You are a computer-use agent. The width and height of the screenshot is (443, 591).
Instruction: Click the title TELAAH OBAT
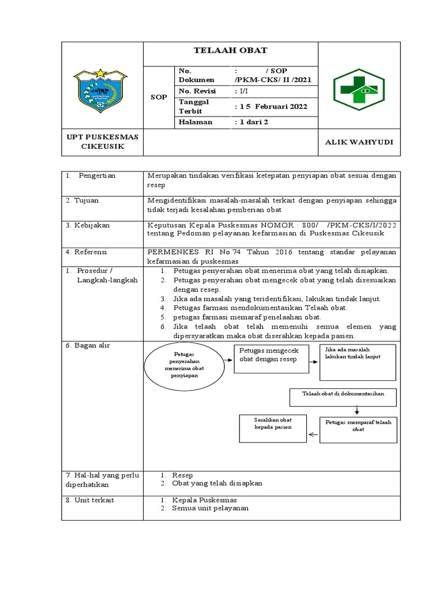pyautogui.click(x=230, y=51)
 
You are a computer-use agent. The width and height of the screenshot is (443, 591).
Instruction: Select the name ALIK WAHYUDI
pyautogui.click(x=359, y=142)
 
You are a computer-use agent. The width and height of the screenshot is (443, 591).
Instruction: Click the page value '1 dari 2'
pyautogui.click(x=254, y=122)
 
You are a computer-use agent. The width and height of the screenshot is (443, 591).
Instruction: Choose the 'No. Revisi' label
pyautogui.click(x=196, y=91)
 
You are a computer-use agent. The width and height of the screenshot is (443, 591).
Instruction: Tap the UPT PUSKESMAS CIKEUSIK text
pyautogui.click(x=102, y=142)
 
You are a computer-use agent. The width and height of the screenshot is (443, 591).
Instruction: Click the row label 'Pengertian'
pyautogui.click(x=97, y=175)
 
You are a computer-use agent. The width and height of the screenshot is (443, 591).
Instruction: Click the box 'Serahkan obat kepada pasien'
pyautogui.click(x=273, y=428)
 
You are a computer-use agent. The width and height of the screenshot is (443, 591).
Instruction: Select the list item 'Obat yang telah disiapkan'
pyautogui.click(x=217, y=483)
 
